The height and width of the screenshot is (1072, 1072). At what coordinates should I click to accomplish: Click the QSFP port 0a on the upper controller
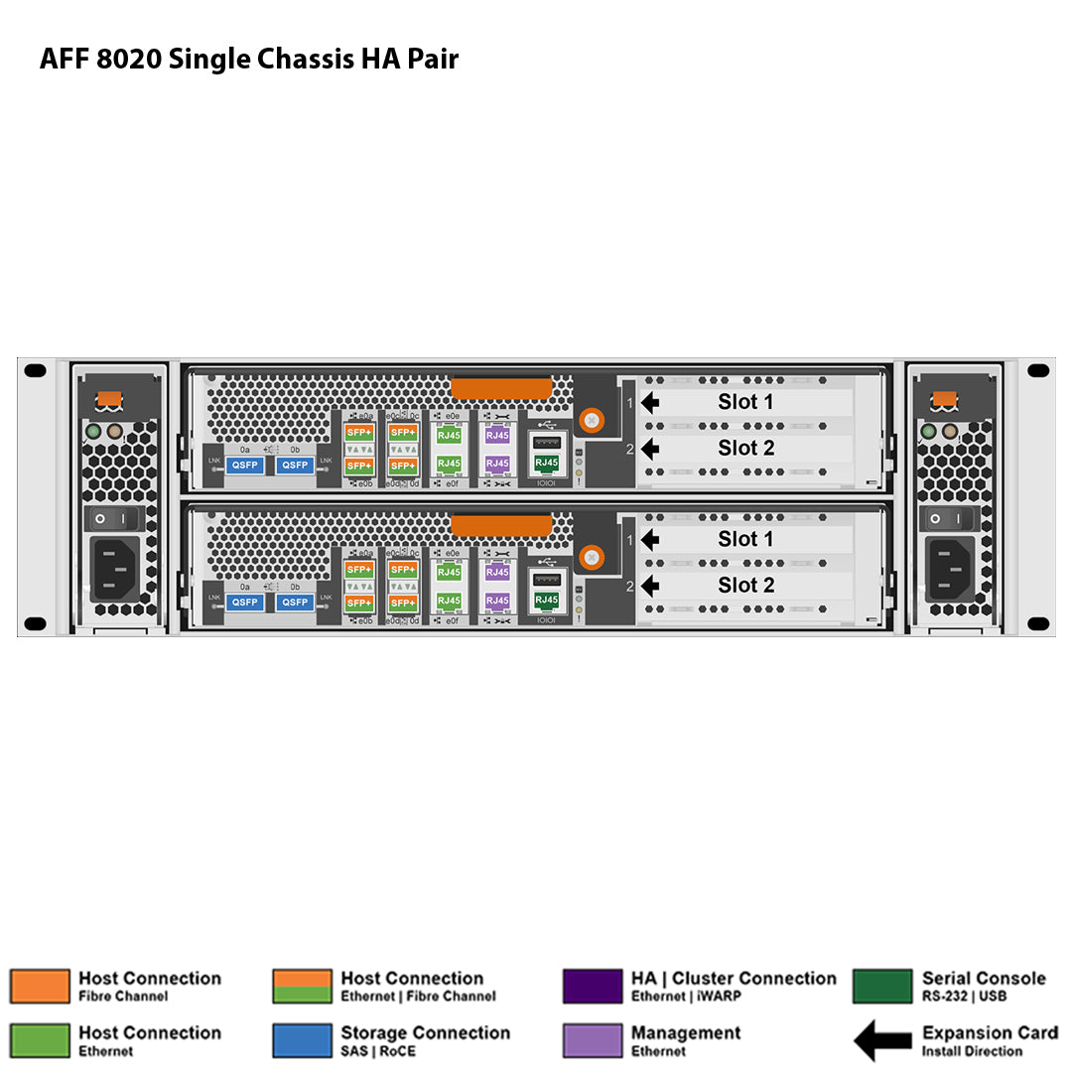tap(245, 465)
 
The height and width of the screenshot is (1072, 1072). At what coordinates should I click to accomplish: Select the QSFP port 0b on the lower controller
tap(295, 603)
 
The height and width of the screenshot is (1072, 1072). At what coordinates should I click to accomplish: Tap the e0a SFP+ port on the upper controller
tap(359, 433)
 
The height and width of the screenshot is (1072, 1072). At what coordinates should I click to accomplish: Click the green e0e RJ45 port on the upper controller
tap(449, 435)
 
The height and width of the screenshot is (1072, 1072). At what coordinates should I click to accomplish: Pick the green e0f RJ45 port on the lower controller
tap(449, 601)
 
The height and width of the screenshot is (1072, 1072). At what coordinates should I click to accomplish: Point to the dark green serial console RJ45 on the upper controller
tap(546, 463)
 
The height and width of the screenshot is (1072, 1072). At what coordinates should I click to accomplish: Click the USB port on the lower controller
tap(546, 579)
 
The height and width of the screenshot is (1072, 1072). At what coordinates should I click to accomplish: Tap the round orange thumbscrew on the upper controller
tap(592, 420)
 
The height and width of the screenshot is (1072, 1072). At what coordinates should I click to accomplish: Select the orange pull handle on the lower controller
tap(501, 526)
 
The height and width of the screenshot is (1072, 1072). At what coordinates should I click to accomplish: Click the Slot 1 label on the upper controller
tap(745, 402)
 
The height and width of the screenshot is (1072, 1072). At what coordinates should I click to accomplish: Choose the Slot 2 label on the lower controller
tap(745, 586)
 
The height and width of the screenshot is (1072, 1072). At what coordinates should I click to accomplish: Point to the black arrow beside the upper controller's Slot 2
tap(650, 449)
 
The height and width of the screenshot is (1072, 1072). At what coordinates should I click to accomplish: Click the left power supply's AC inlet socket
tap(116, 569)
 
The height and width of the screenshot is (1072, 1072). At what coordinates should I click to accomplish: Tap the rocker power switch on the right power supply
tap(948, 518)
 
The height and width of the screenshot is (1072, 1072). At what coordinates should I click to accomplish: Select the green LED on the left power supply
tap(94, 433)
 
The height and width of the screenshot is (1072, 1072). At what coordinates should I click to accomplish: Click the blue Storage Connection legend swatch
tap(302, 1040)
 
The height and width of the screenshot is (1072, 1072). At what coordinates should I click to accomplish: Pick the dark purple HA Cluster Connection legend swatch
tap(593, 987)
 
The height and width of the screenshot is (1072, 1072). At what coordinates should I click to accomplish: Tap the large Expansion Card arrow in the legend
tap(882, 1041)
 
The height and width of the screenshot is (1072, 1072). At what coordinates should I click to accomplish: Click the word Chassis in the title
tap(302, 60)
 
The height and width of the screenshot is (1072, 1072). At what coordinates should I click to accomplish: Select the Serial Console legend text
tap(984, 979)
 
